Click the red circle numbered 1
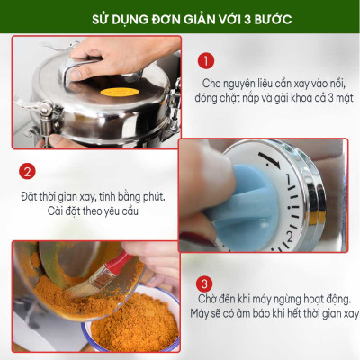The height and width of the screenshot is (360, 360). (207, 61)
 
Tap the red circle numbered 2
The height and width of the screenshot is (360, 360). (28, 171)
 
